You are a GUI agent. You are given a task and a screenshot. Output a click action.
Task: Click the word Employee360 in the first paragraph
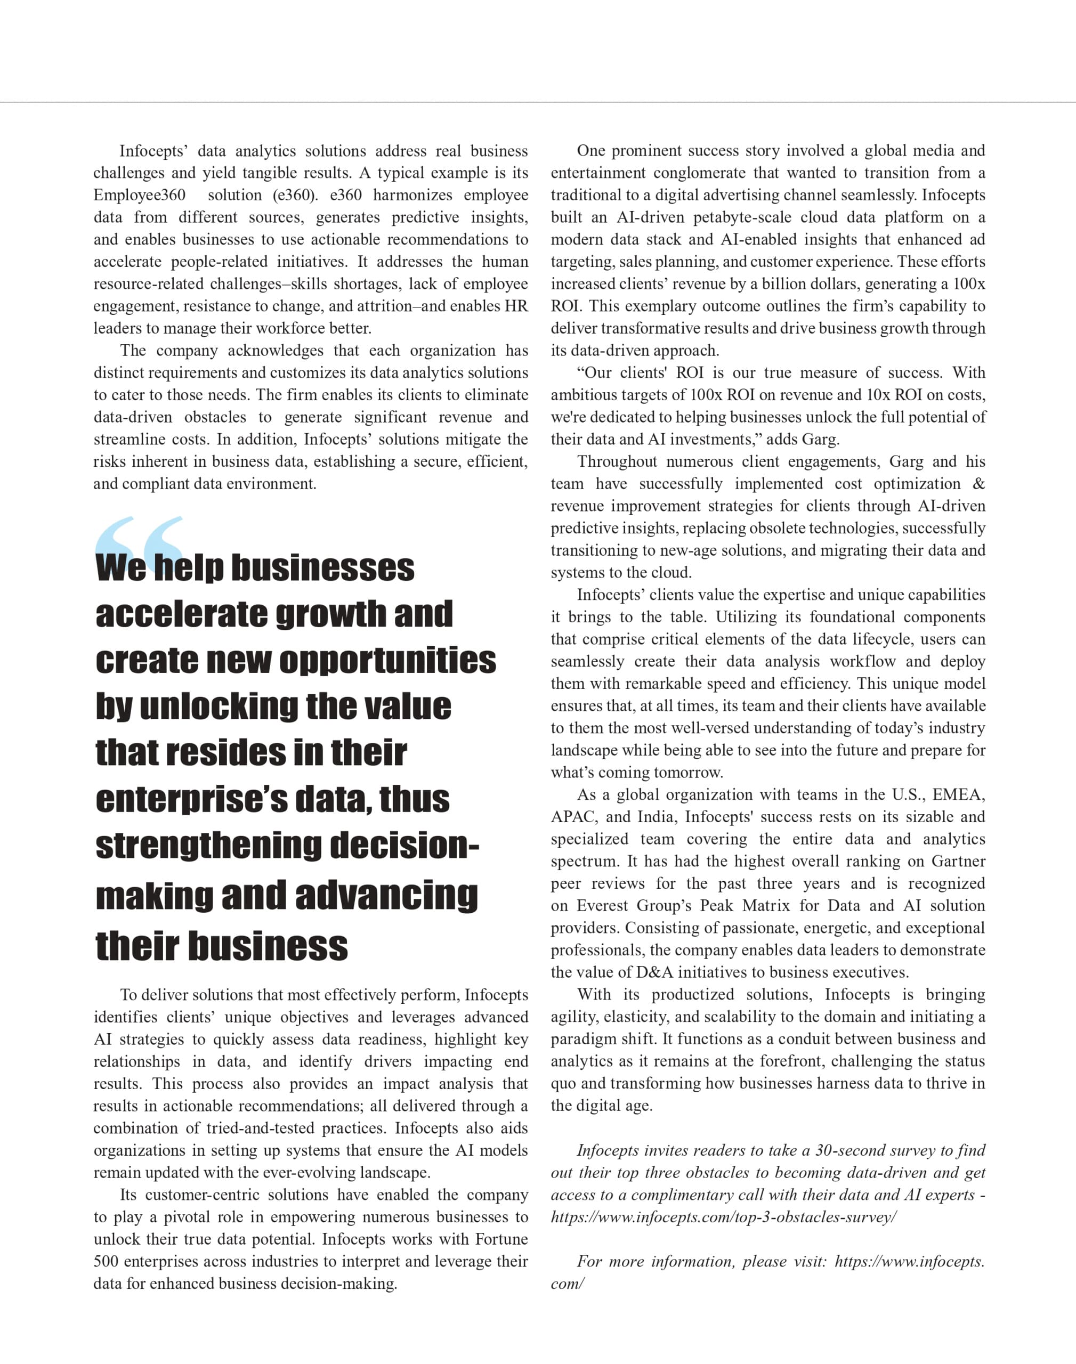point(139,195)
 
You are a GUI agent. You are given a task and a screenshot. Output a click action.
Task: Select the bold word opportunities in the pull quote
point(387,661)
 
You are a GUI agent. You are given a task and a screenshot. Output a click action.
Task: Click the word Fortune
point(501,1239)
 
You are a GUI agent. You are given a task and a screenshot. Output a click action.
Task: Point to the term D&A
point(654,972)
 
